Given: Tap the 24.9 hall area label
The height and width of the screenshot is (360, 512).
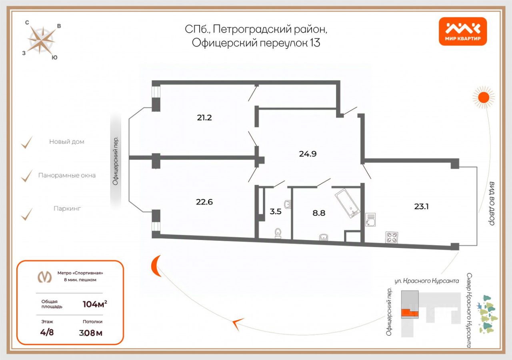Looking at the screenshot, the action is coord(308,153).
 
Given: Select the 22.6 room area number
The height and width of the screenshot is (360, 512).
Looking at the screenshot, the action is coord(204,202).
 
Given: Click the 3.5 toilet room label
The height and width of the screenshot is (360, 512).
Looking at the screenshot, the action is coord(275,212).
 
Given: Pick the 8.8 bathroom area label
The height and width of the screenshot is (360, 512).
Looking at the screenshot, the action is coord(319,213).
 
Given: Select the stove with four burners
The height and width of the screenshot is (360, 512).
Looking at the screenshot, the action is coord(391,237).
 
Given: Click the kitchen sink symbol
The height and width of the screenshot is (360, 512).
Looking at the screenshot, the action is coord(370,220).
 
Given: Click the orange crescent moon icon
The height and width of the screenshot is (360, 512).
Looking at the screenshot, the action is coord(156,266).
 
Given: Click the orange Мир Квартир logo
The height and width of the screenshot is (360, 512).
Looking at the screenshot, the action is coord(463,31).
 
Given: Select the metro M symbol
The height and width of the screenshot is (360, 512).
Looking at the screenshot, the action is coord(44,276).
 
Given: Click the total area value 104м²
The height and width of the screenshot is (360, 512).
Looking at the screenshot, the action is coord(94,304).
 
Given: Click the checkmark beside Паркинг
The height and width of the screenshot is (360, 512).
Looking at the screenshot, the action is coord(27,214).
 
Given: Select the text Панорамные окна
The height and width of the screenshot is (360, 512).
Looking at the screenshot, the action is coord(67,175).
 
